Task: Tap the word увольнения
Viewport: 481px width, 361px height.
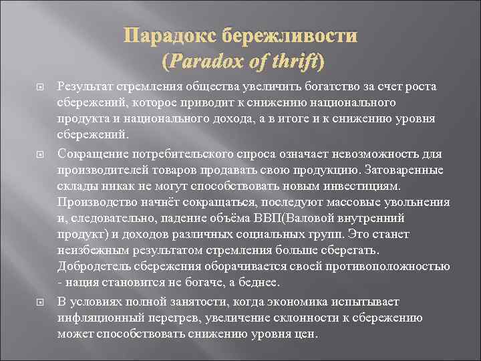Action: (420, 202)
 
